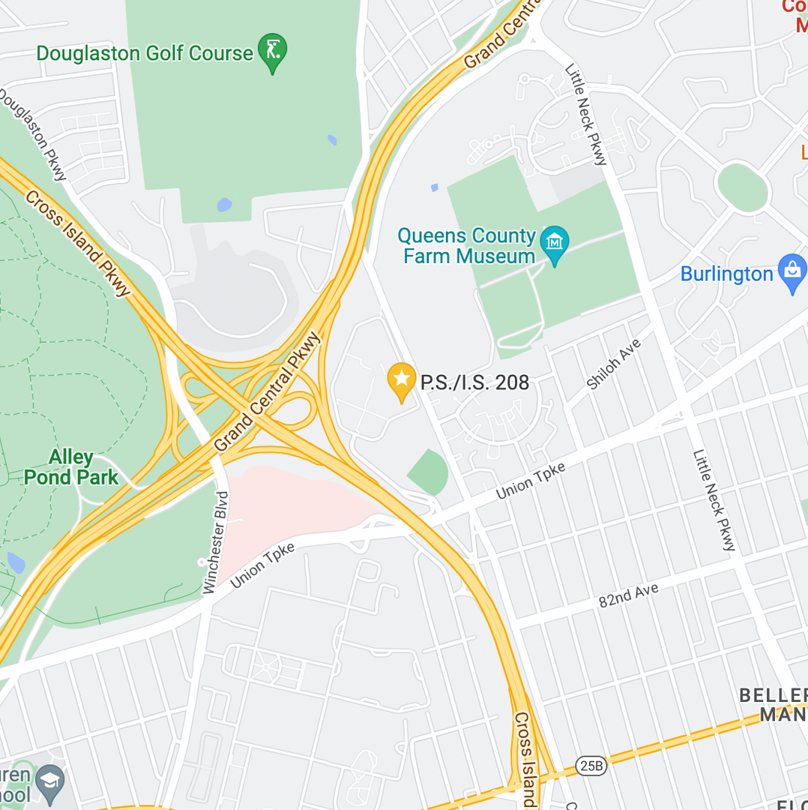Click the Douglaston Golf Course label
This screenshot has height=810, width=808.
[145, 54]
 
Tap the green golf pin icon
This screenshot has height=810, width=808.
[272, 51]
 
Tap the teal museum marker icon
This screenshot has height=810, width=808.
[555, 244]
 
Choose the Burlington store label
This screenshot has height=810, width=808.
[726, 274]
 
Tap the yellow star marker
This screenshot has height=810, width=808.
[402, 379]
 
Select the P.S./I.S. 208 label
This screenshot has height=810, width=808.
[474, 382]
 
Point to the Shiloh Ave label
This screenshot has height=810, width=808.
[614, 364]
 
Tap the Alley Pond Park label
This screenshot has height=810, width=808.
[71, 467]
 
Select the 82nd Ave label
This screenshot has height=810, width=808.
[628, 595]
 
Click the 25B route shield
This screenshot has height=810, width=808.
[591, 765]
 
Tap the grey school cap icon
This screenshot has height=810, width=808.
[49, 781]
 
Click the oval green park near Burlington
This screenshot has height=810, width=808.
[742, 187]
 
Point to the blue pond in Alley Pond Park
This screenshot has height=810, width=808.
[15, 562]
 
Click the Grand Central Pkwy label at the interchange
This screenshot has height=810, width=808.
[267, 393]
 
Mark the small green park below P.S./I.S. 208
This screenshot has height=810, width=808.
[429, 473]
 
